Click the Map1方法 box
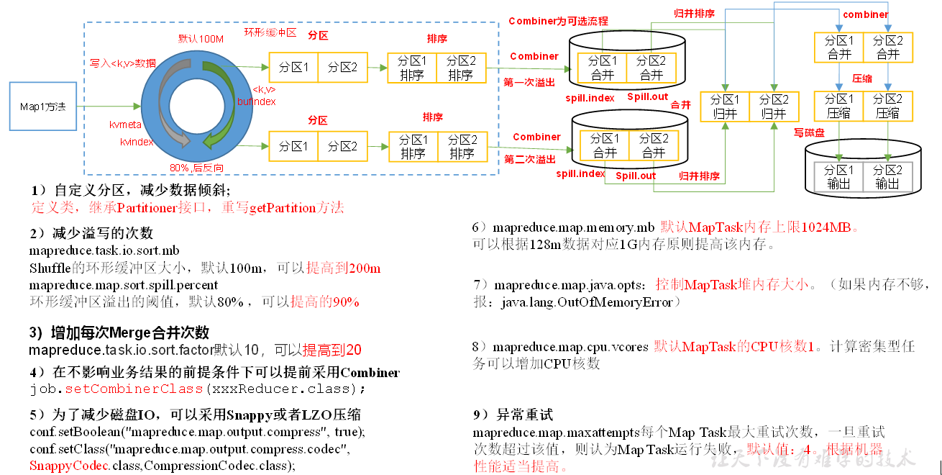coord(42,107)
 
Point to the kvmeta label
coord(124,125)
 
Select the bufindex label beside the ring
coord(256,101)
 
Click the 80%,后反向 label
coord(196,168)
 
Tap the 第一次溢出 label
coord(529,83)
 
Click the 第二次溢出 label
coord(530,159)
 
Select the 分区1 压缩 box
coord(839,106)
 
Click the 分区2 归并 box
coord(774,107)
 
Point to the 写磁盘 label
coord(809,132)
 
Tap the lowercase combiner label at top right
coord(866,14)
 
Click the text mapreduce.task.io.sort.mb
coord(104,251)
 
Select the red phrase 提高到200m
coord(344,268)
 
